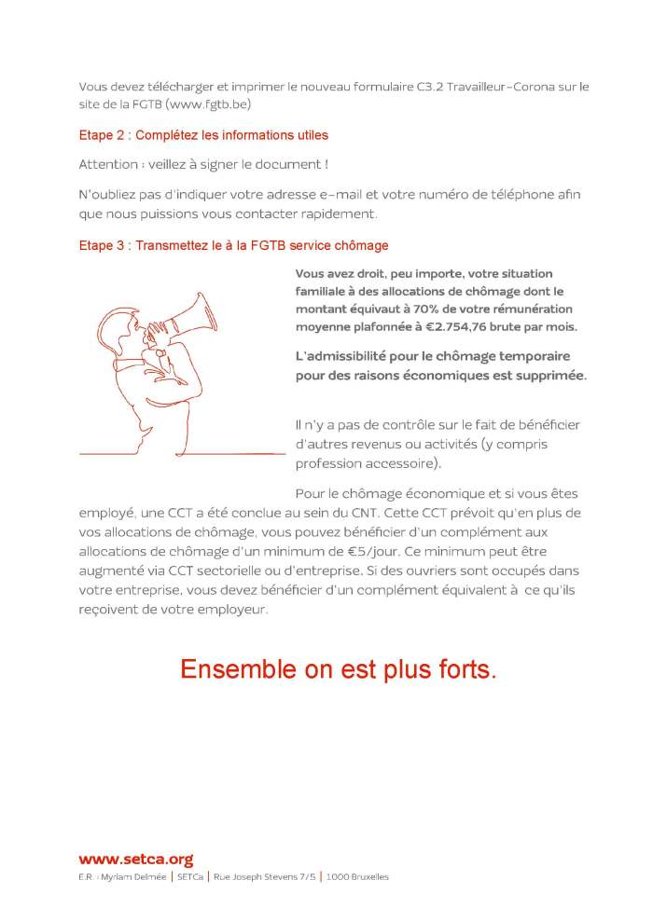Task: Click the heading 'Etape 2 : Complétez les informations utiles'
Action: [203, 135]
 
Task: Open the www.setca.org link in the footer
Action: [135, 860]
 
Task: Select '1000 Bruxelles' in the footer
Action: [357, 877]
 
